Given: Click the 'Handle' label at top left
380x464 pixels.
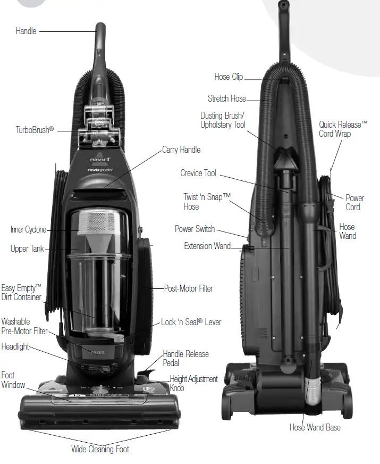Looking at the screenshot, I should click(26, 31).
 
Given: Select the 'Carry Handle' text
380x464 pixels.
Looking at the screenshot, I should click(181, 150).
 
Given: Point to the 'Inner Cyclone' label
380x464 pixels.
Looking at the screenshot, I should click(28, 230).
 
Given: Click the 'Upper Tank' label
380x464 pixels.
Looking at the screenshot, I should click(27, 248).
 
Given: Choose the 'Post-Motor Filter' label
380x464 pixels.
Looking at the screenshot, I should click(188, 288).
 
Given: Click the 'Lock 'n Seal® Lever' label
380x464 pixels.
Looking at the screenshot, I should click(191, 322).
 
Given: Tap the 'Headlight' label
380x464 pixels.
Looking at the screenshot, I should click(15, 346).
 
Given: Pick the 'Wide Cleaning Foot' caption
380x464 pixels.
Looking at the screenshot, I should click(100, 449).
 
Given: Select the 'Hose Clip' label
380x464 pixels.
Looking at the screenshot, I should click(229, 77).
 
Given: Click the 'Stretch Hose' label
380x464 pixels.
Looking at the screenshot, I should click(226, 98).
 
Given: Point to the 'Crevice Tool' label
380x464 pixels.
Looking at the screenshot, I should click(198, 173).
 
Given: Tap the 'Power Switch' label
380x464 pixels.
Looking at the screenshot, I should click(195, 229).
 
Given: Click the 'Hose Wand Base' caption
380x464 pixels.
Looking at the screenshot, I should click(315, 427).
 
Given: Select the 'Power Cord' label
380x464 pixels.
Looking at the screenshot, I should click(354, 202).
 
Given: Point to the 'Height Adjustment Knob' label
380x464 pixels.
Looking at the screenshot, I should click(193, 383).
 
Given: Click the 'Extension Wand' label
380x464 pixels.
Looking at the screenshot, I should click(207, 246).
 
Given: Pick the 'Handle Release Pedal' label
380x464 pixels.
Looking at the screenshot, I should click(185, 358).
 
